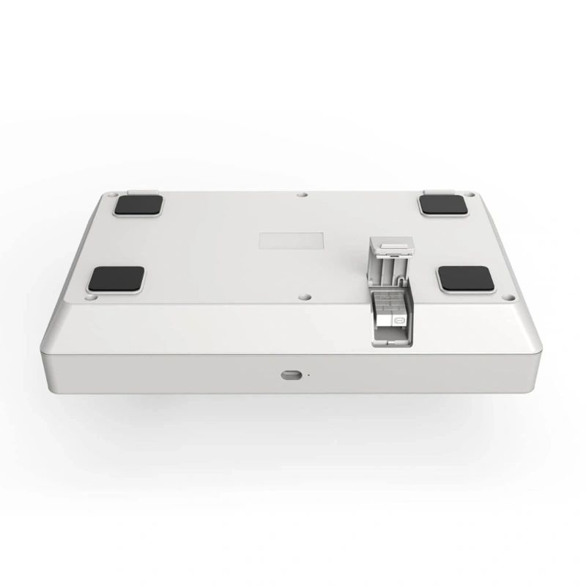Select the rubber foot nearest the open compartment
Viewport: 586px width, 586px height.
pyautogui.click(x=467, y=278)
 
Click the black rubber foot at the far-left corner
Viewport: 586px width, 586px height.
pyautogui.click(x=138, y=205)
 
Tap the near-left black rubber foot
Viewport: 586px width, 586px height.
pyautogui.click(x=116, y=279)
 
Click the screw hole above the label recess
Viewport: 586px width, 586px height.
pyautogui.click(x=303, y=195)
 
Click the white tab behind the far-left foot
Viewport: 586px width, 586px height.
pyautogui.click(x=141, y=193)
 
